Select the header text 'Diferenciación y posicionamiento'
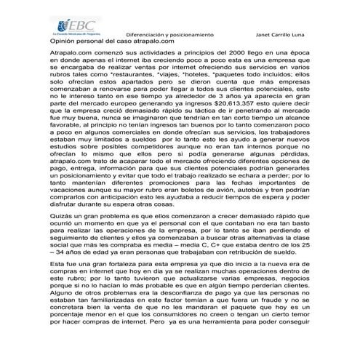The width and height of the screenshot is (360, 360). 170,35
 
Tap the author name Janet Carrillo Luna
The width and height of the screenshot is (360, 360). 287,35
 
